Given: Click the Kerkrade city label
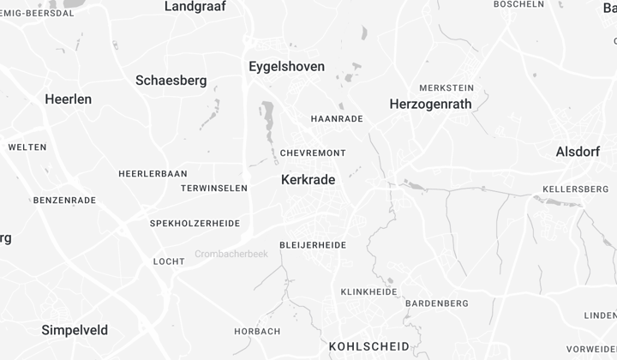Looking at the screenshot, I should click(x=308, y=180).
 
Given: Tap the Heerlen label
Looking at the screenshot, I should click(x=68, y=99).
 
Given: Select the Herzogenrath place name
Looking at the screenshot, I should click(x=430, y=104).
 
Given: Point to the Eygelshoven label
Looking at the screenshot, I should click(x=286, y=66).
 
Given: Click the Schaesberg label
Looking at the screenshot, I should click(x=171, y=81).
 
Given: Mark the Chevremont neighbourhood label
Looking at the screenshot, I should click(x=313, y=153).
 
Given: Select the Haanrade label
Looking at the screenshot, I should click(x=337, y=118).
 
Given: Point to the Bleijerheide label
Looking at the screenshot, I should click(x=313, y=245).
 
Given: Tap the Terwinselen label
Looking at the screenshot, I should click(x=214, y=188).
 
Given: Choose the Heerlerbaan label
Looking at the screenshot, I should click(x=153, y=173).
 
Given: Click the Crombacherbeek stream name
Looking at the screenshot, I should click(x=231, y=255).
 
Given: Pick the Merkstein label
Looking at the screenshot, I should click(x=446, y=88).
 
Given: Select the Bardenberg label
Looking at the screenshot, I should click(x=436, y=303).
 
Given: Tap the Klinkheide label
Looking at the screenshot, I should click(x=368, y=292).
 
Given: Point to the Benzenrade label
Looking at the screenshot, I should click(x=64, y=201).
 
